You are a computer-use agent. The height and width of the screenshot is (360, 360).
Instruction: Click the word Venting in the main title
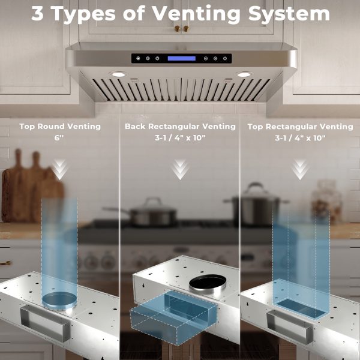197,14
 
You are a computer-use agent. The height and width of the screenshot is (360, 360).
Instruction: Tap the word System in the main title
289,14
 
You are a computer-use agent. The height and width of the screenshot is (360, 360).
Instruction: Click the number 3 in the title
37,13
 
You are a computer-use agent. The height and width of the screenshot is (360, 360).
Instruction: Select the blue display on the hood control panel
182,58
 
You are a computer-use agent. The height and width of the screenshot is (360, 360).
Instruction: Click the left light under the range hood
118,74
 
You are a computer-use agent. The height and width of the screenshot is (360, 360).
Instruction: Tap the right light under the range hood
244,74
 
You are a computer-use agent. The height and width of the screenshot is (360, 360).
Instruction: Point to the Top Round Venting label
60,126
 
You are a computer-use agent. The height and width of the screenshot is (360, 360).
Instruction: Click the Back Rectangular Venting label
180,126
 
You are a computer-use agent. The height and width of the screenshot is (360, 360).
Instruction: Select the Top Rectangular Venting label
301,127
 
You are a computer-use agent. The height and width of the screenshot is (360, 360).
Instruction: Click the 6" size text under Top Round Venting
59,138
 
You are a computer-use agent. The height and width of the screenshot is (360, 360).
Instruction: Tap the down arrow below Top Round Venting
59,169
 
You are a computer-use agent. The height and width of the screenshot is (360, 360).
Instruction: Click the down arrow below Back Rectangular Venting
180,169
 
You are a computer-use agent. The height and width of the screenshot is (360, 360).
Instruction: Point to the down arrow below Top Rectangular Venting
300,169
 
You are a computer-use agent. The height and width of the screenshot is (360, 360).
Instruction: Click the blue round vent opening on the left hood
59,299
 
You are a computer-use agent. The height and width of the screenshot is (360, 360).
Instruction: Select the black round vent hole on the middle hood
208,283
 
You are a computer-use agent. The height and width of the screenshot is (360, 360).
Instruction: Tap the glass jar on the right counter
327,202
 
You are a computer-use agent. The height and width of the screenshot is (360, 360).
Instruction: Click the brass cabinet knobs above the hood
182,29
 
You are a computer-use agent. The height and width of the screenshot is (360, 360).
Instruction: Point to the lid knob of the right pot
255,185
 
